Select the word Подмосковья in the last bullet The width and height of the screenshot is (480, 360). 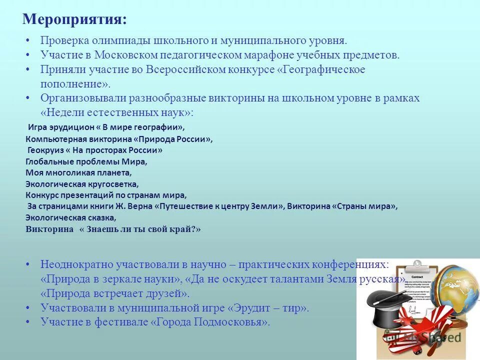tap(234, 322)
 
